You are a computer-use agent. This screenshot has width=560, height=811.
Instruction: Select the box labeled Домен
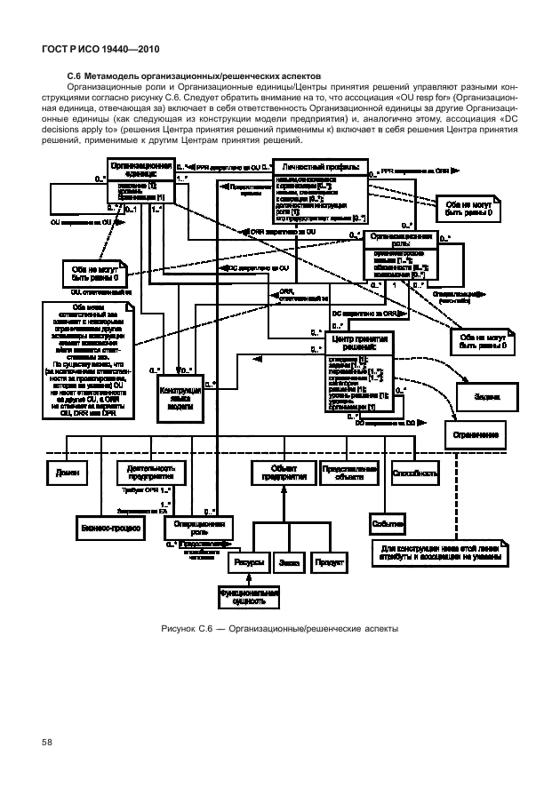coord(66,473)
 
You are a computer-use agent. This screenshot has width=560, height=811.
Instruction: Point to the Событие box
coord(388,524)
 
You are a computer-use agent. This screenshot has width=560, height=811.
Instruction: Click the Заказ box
coord(288,562)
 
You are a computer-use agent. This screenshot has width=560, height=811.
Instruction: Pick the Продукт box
coord(329,562)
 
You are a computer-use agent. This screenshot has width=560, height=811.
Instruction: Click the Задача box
coord(486,397)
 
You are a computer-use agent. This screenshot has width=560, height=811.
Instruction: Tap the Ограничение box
coord(479,435)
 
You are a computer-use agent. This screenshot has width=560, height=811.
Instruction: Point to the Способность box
coord(414,473)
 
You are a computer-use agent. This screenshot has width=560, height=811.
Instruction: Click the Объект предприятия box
coord(284,473)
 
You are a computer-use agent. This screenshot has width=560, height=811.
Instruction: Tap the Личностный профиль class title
coord(320,167)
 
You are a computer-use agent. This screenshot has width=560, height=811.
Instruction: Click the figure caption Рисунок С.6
coord(279,630)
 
